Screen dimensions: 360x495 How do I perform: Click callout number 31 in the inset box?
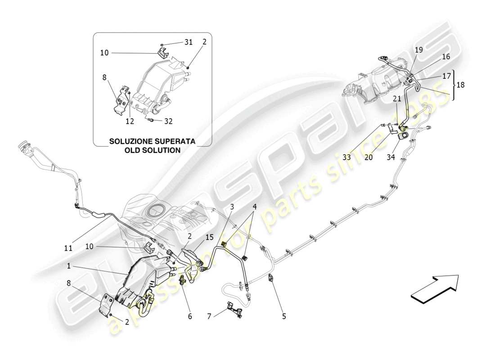[188, 42]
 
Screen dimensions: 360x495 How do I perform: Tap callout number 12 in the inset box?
[130, 121]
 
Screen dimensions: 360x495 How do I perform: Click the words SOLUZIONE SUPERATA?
[152, 141]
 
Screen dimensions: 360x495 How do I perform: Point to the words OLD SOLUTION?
[152, 150]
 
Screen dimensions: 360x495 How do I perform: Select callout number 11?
[68, 247]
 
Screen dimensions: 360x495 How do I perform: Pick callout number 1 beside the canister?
[69, 266]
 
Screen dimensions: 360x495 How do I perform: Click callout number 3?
[232, 207]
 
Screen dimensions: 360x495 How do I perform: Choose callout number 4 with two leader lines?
[254, 207]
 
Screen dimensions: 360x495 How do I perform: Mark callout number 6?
[189, 316]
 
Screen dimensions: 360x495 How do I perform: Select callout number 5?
[284, 316]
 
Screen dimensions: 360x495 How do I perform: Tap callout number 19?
[418, 50]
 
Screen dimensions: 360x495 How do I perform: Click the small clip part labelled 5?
[271, 279]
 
